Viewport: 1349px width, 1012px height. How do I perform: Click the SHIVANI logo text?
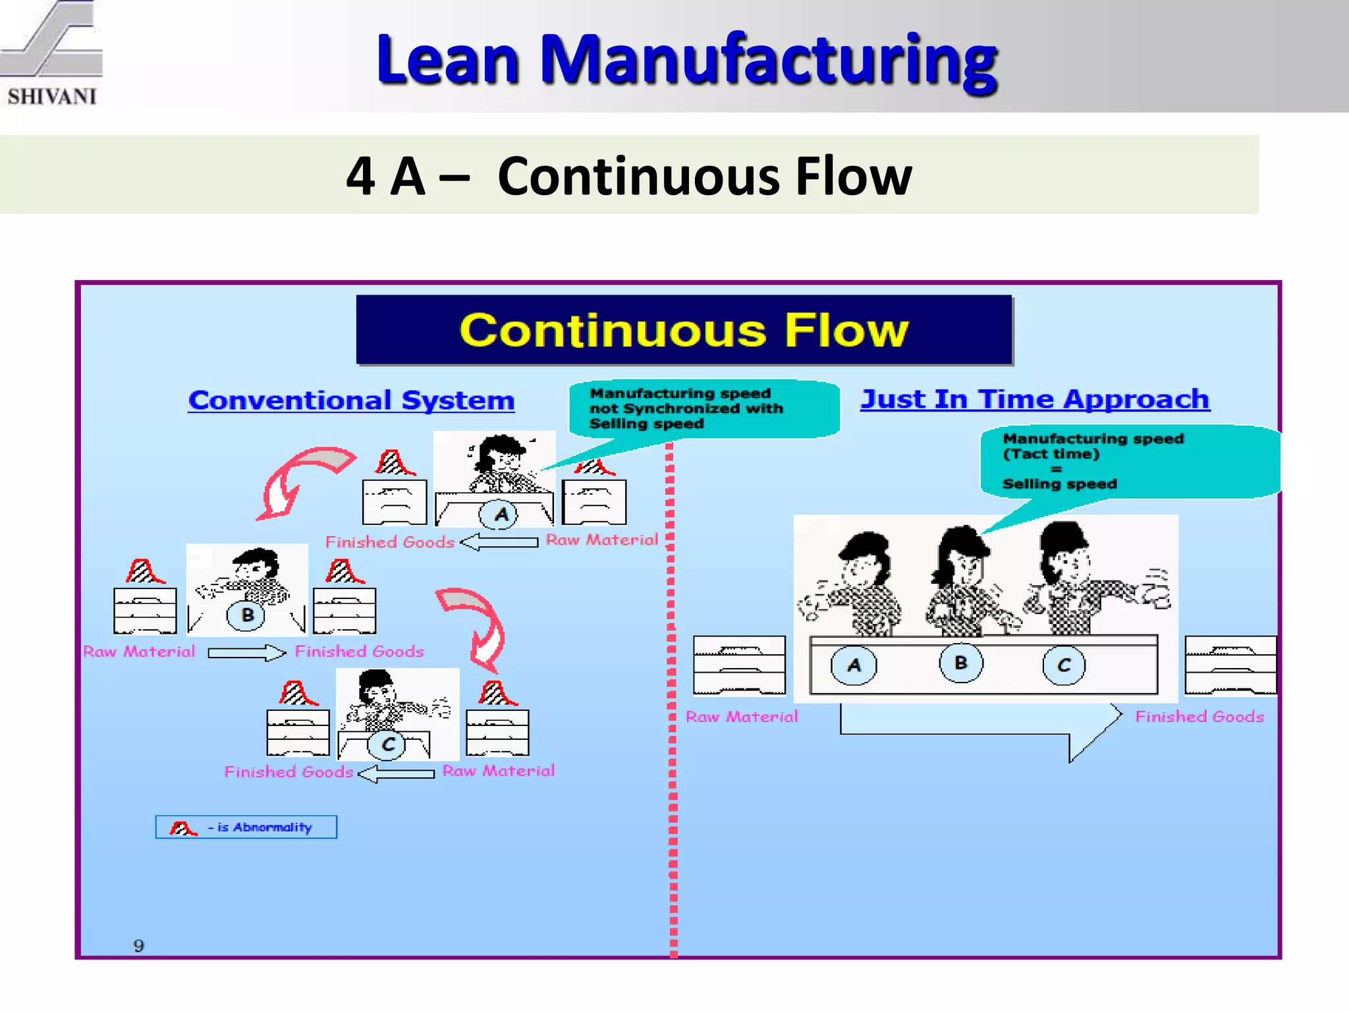[52, 96]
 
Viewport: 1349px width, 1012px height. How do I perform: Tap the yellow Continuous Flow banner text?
[684, 330]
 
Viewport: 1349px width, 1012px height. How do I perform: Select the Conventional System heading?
[351, 401]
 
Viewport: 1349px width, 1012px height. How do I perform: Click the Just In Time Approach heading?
[1035, 399]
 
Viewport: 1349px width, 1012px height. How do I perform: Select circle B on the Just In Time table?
[960, 663]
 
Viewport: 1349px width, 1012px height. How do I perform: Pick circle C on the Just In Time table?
[1063, 665]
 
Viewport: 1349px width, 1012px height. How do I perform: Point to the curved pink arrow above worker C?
[478, 623]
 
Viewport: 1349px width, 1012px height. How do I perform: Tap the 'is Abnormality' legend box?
[246, 828]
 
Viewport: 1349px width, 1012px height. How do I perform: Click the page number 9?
[138, 946]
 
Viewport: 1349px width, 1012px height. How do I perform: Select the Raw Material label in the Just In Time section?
[742, 717]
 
